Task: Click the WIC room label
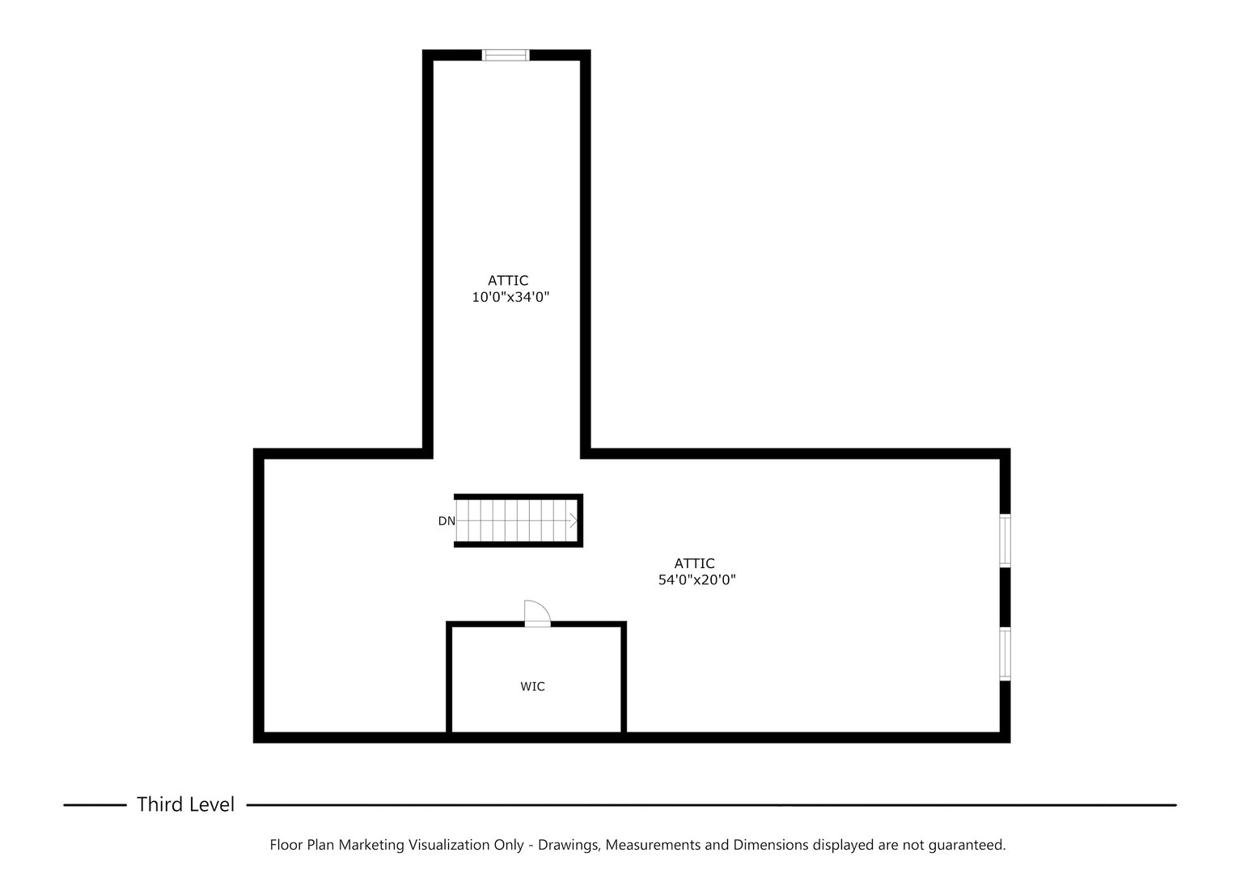pos(532,687)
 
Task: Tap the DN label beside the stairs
pos(447,521)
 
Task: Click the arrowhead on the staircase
pos(574,521)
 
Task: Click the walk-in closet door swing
pos(536,613)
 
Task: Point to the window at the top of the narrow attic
pos(506,55)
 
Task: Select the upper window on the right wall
pos(1005,541)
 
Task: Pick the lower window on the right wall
pos(1005,654)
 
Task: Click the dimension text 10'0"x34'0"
pos(510,298)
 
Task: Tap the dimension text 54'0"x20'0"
pos(696,580)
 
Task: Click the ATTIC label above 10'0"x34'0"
pos(508,281)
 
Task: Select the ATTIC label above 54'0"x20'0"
pos(695,563)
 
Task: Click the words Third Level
pos(185,804)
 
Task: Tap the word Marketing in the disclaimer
pos(371,845)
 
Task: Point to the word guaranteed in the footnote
pos(966,845)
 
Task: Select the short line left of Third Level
pos(95,805)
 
